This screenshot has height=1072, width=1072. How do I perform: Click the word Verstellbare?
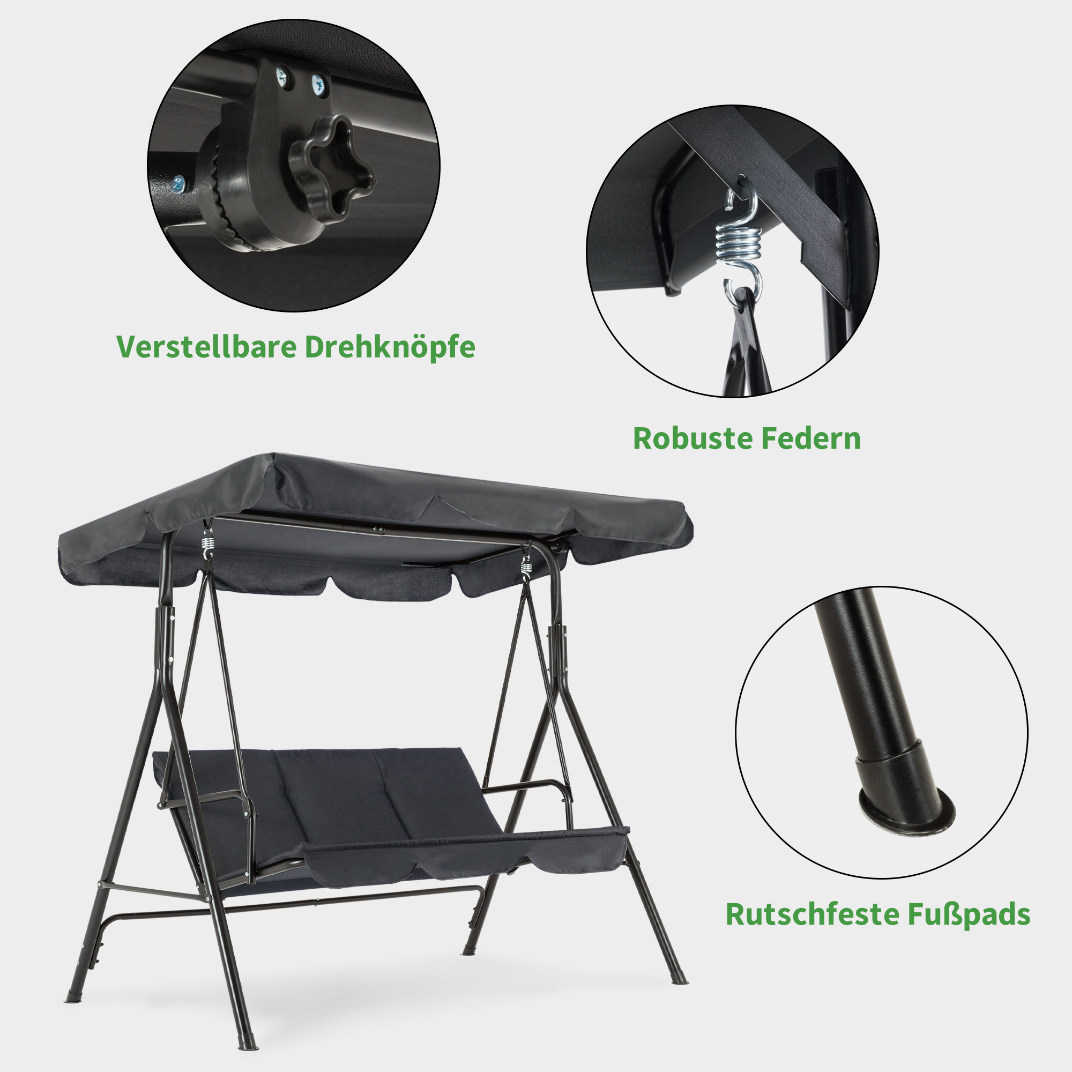point(206,347)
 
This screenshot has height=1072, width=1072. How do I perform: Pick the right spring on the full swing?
point(526,568)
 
